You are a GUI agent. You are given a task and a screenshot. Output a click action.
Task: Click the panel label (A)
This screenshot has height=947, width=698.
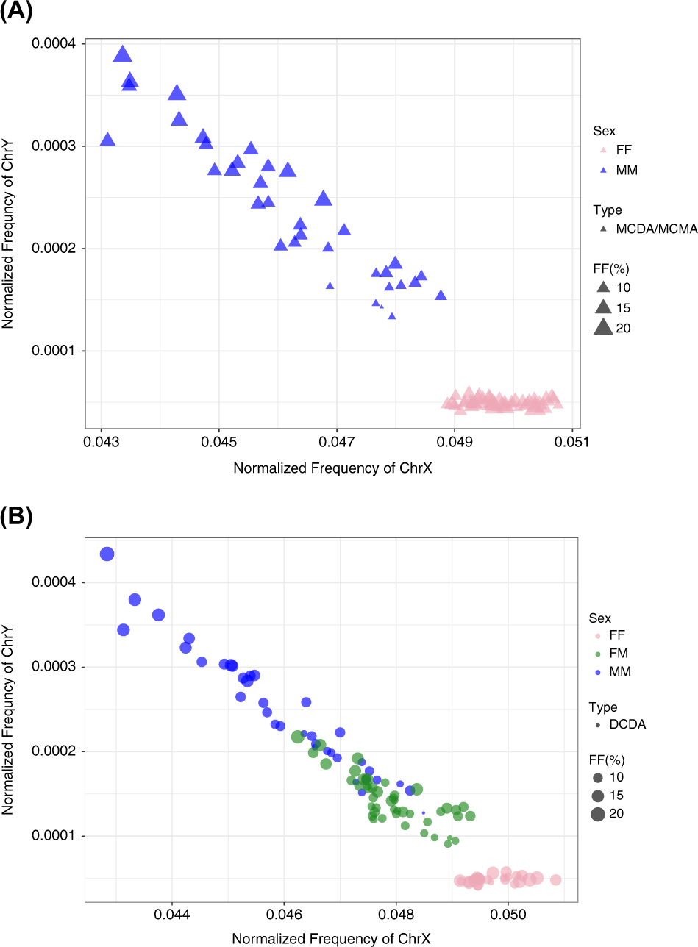[x=16, y=12]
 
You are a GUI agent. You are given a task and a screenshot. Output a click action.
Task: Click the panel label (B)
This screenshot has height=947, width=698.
[x=16, y=518]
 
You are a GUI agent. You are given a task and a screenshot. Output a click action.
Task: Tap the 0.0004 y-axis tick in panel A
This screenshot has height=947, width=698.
[x=58, y=44]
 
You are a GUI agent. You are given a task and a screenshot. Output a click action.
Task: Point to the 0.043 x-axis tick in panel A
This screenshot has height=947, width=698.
[x=101, y=443]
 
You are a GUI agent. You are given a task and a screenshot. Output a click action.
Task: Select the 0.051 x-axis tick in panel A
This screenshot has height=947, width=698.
[x=572, y=443]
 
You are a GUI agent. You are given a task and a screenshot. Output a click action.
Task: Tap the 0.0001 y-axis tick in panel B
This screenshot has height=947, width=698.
[x=58, y=836]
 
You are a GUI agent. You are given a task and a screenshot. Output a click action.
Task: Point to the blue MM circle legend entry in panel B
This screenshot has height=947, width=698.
[x=597, y=671]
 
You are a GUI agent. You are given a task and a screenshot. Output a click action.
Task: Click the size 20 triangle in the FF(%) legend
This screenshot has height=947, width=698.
[x=602, y=328]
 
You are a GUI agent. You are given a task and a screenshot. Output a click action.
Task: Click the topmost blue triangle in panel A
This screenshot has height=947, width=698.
[x=122, y=54]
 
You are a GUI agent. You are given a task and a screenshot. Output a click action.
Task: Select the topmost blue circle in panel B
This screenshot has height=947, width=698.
[x=107, y=554]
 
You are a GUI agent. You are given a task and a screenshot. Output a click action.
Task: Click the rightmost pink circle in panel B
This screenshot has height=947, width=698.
[x=555, y=879]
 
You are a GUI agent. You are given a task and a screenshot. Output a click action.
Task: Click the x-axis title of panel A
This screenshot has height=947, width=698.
[x=332, y=468]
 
